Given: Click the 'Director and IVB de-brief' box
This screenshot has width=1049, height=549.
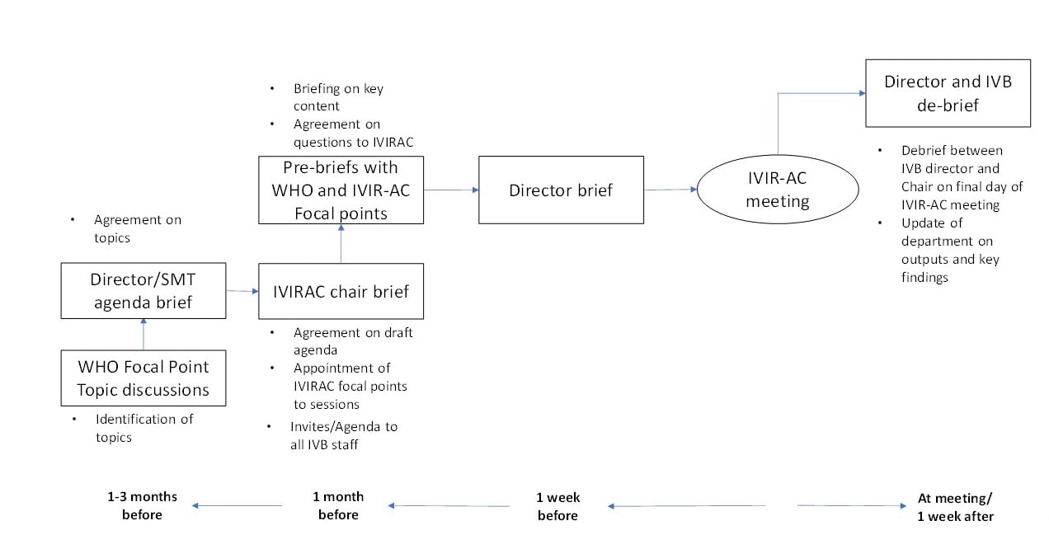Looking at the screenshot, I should click(x=948, y=93).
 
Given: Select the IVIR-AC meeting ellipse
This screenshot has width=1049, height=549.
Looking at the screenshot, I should click(x=777, y=190).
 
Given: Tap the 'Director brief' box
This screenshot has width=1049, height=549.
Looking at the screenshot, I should click(x=561, y=190).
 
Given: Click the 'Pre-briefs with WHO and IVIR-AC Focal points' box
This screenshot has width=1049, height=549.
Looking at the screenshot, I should click(x=341, y=190).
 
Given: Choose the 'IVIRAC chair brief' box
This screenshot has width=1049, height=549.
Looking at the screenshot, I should click(x=341, y=291).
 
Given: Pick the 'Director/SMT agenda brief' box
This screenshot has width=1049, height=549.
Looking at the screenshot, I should click(x=143, y=291).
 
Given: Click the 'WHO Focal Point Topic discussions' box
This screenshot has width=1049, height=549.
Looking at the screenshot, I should click(x=143, y=378).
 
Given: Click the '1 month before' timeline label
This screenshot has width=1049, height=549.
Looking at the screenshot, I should click(x=338, y=505).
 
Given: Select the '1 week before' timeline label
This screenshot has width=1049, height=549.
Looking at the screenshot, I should click(x=558, y=505).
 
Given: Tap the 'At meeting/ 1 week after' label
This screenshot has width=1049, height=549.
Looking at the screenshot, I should click(x=955, y=507).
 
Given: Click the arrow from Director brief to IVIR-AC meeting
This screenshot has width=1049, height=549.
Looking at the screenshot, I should click(x=670, y=190).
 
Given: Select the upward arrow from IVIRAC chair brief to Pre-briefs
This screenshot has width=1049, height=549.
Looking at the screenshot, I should click(x=341, y=244).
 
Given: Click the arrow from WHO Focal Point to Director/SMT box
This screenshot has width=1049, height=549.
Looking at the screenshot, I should click(x=143, y=334).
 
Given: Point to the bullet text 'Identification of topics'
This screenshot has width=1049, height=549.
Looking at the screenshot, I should click(x=143, y=428).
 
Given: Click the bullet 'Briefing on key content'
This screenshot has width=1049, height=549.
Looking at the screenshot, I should click(x=337, y=97).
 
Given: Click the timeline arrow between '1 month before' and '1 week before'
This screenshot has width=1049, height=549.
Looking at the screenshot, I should click(x=449, y=505).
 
